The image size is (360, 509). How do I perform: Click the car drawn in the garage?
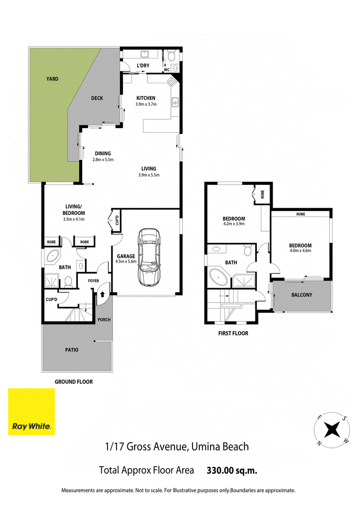(148, 257)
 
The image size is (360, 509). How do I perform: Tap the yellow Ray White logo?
(31, 411)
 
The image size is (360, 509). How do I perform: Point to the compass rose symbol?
(332, 430)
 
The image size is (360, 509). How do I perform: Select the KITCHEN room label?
(146, 98)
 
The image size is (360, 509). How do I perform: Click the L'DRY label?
(143, 66)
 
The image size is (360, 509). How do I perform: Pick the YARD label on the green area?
(52, 79)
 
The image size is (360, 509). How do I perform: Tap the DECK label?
(97, 98)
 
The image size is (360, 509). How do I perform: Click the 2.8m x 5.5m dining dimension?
(103, 160)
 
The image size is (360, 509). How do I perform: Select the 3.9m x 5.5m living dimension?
(149, 175)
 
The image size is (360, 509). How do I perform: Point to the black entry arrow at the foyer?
(102, 295)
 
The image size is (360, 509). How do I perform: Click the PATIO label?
(72, 350)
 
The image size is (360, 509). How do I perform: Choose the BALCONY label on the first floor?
(302, 295)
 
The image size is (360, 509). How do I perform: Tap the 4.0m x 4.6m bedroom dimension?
(301, 250)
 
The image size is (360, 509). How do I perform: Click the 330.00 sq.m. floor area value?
(232, 470)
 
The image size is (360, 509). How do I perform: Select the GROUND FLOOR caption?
(74, 382)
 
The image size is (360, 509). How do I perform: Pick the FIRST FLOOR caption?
(233, 333)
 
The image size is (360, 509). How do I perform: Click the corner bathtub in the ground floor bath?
(53, 256)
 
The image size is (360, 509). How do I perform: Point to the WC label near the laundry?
(166, 70)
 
